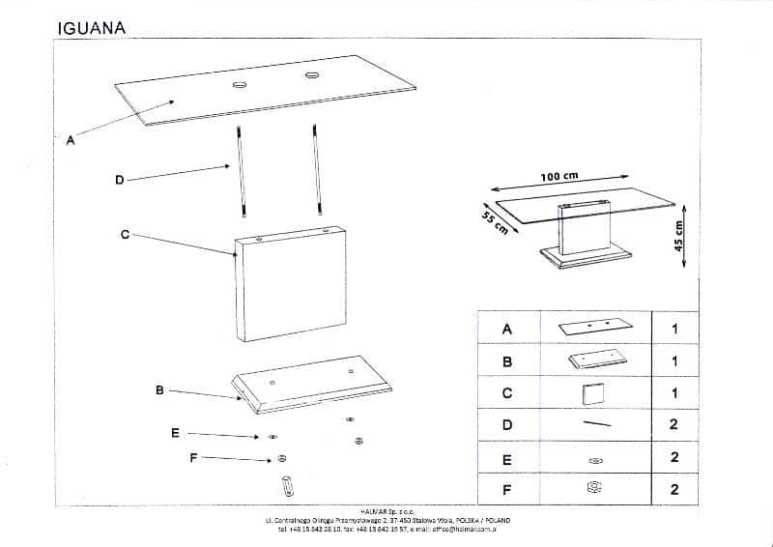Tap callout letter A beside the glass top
69,140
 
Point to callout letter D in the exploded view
119,179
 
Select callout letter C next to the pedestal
125,235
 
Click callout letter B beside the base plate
159,390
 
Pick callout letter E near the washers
174,433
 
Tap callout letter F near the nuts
193,458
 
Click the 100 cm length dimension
558,177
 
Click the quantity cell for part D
674,424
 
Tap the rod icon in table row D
596,424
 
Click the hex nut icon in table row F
596,489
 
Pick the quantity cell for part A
674,329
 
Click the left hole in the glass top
239,85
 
